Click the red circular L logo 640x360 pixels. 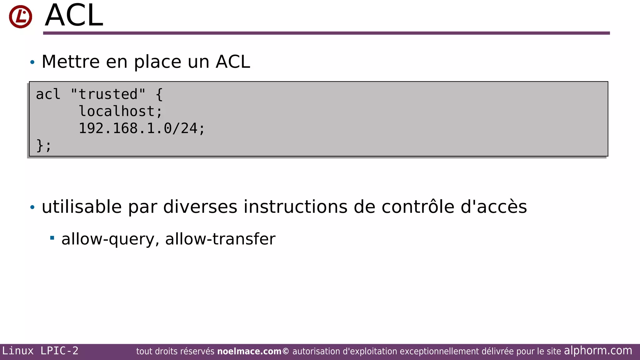tap(21, 17)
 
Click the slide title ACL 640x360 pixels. tap(74, 16)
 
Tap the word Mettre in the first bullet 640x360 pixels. tap(71, 62)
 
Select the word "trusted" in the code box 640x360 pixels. tap(108, 94)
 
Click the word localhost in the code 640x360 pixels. tap(117, 112)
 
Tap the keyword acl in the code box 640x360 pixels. tap(48, 94)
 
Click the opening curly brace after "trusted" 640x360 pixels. tap(159, 94)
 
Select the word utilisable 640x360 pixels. tap(82, 207)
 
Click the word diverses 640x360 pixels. tap(200, 207)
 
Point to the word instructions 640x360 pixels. tap(295, 207)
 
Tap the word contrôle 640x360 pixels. tap(418, 207)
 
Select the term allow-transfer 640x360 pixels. tap(220, 239)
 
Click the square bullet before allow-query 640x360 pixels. tap(52, 238)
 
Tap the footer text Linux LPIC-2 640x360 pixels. tap(40, 351)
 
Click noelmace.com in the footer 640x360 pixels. tap(249, 352)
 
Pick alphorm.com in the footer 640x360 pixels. tap(598, 351)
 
